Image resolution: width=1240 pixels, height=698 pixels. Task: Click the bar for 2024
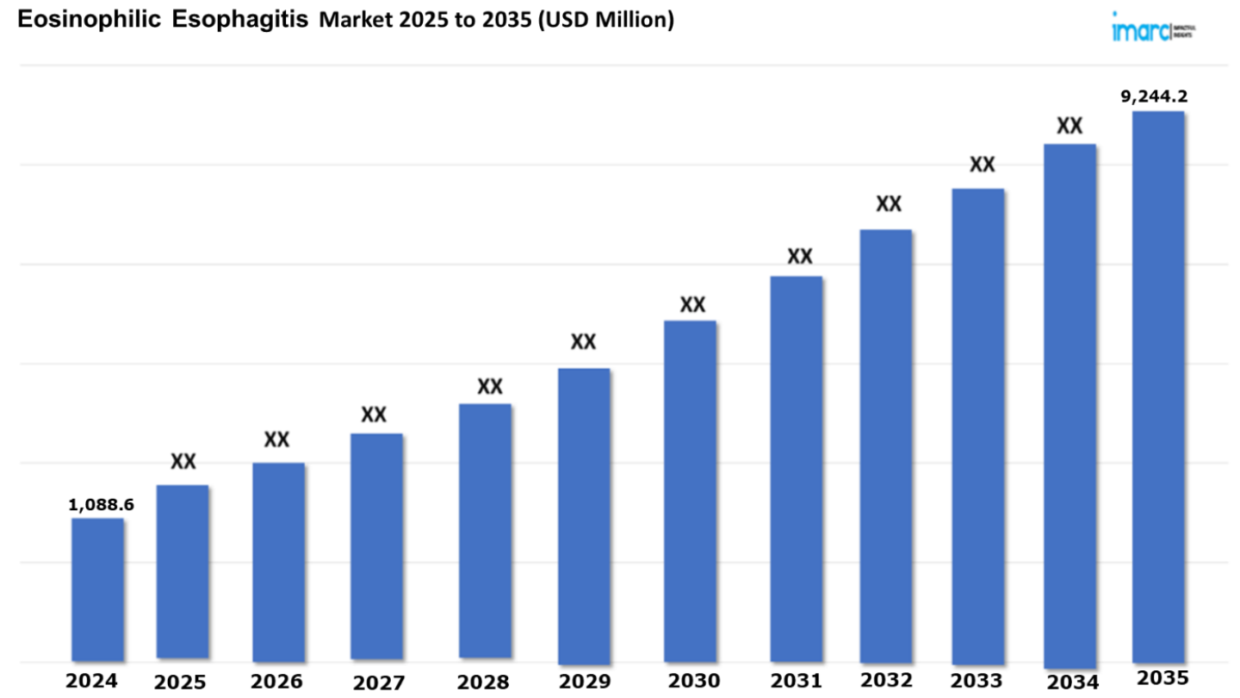click(97, 589)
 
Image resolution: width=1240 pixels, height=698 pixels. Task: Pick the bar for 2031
click(797, 470)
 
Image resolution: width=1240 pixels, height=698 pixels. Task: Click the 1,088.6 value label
click(102, 505)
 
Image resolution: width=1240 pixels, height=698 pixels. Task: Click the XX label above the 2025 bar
click(183, 462)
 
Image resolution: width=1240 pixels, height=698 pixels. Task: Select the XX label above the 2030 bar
click(692, 305)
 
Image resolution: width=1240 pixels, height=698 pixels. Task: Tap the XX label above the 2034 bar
click(1069, 127)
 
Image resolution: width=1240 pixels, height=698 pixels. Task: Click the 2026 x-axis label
click(277, 682)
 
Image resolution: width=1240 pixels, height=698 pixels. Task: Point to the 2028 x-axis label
click(483, 682)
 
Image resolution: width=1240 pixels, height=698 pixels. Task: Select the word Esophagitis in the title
click(240, 21)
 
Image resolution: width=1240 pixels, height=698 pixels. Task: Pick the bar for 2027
click(377, 546)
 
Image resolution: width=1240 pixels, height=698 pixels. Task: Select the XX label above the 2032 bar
click(889, 204)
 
